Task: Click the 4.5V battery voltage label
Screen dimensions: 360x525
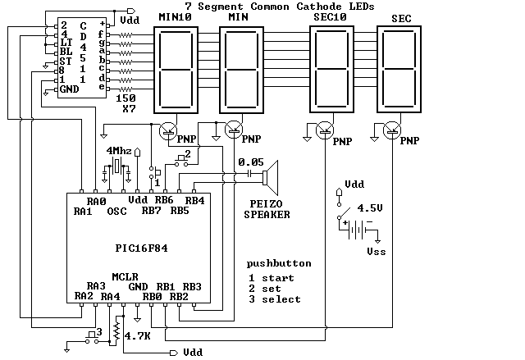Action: point(371,208)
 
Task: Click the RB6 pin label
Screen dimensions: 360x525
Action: point(164,200)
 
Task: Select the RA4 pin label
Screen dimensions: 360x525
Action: point(111,296)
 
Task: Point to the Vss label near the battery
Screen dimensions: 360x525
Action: point(377,251)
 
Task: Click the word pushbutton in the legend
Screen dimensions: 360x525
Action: point(279,264)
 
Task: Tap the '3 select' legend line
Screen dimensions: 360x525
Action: point(276,299)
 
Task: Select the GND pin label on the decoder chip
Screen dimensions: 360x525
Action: point(69,89)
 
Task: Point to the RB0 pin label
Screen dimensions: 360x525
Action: point(153,296)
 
